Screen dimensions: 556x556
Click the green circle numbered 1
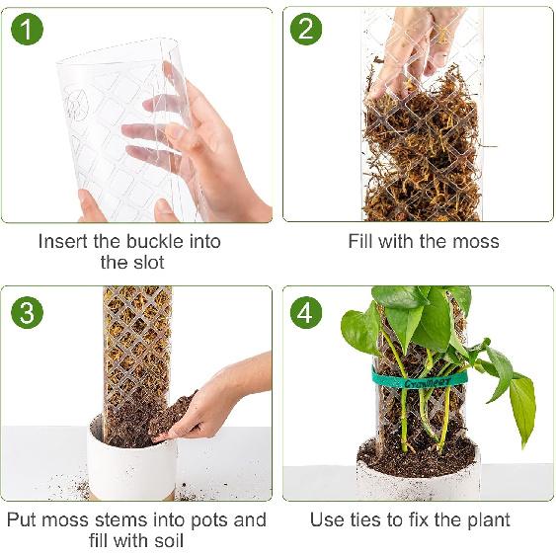(x=28, y=30)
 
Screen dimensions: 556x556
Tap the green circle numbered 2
(x=305, y=30)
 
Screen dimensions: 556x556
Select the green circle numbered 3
(x=28, y=313)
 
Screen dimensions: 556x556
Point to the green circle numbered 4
(x=305, y=313)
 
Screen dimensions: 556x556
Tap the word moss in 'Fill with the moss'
(x=476, y=242)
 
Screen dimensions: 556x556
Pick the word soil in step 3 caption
(x=165, y=541)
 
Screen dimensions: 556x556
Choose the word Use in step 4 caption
(x=327, y=519)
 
